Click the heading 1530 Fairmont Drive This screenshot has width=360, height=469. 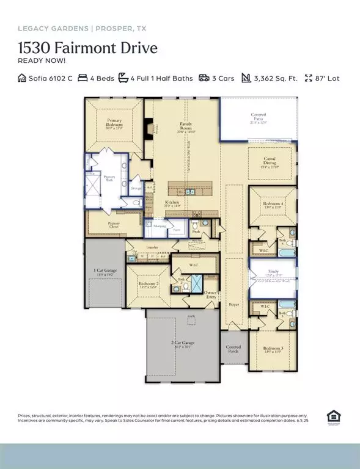[x=87, y=48]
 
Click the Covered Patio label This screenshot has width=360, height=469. [x=258, y=118]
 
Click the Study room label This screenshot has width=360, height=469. [x=273, y=273]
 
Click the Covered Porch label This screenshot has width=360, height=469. [x=233, y=349]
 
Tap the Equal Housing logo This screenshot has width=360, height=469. [x=334, y=417]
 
